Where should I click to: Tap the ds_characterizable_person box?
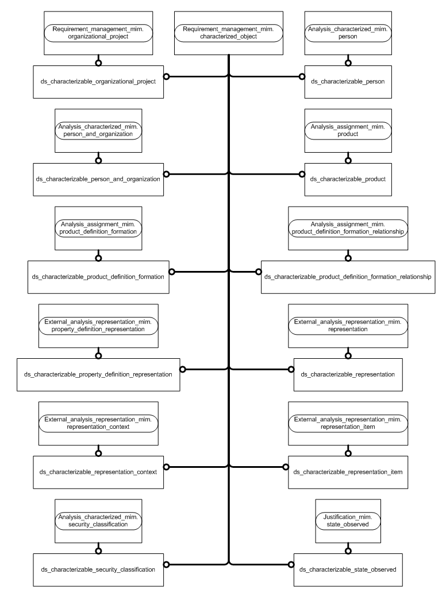(347, 81)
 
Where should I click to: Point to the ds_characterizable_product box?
(347, 179)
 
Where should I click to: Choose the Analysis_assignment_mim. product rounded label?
(347, 130)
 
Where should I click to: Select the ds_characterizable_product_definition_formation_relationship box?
(347, 277)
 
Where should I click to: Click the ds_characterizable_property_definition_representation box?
(98, 374)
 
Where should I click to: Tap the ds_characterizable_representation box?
(347, 374)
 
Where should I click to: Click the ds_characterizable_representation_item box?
(347, 472)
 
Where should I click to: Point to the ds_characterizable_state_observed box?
(347, 569)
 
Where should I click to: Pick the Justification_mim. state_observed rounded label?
(347, 521)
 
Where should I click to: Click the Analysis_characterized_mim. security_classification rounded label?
(99, 521)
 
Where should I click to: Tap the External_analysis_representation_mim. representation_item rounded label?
(347, 423)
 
